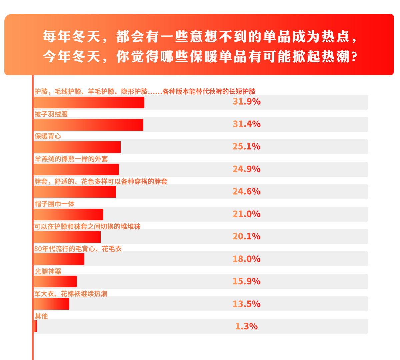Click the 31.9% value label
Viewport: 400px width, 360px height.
click(x=247, y=101)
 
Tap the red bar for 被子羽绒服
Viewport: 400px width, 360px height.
click(x=89, y=125)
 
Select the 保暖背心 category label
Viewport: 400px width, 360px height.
click(x=48, y=136)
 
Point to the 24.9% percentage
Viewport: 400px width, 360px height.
click(x=247, y=169)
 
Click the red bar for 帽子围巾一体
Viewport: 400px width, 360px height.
click(x=69, y=214)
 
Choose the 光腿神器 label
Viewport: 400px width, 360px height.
click(x=48, y=271)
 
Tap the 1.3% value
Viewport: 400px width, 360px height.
click(x=247, y=326)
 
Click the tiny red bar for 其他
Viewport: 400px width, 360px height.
click(x=35, y=326)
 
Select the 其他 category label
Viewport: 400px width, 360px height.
click(x=41, y=316)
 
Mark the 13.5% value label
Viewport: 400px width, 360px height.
click(x=247, y=304)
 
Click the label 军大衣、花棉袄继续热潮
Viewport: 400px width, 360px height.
click(x=71, y=294)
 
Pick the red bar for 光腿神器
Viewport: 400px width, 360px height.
click(x=55, y=282)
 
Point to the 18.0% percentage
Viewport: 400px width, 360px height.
click(x=247, y=259)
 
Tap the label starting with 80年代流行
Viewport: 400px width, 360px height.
click(x=78, y=249)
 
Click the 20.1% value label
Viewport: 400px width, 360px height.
click(x=247, y=236)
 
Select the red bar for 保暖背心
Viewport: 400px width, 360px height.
click(x=77, y=147)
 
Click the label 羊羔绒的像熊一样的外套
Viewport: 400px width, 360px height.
click(x=71, y=159)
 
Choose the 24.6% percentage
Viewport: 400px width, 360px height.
click(x=247, y=191)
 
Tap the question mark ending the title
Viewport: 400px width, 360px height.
click(x=354, y=57)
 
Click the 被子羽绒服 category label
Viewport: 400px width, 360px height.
click(x=51, y=114)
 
